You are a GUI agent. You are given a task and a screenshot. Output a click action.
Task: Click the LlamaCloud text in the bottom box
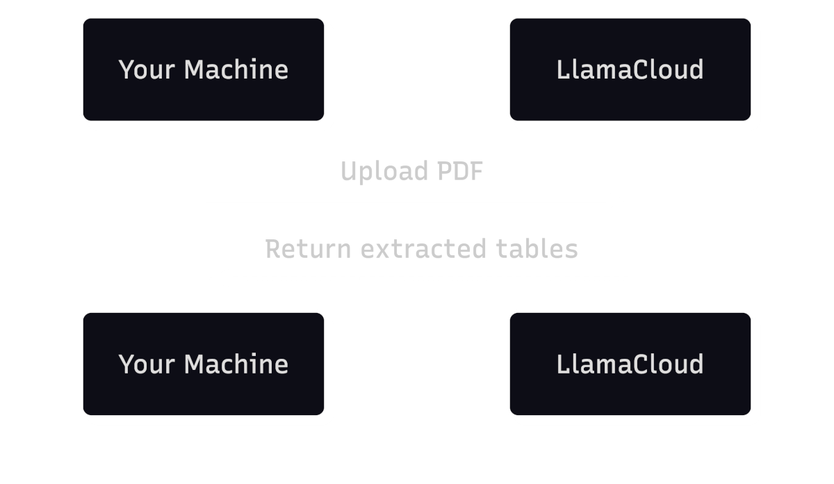tap(630, 364)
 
